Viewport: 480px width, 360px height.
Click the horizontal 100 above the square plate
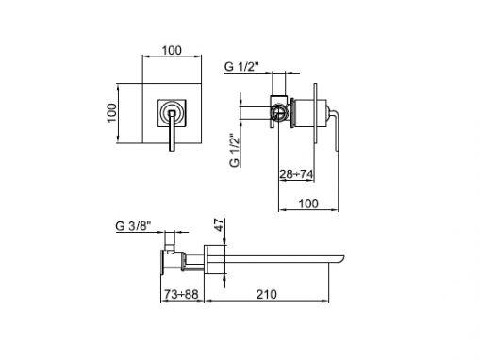(x=172, y=50)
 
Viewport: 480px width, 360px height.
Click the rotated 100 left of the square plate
(x=111, y=113)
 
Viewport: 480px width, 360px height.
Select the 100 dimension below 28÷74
(x=308, y=204)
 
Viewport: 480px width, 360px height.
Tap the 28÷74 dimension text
(x=296, y=173)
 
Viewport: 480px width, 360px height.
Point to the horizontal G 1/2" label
(x=241, y=67)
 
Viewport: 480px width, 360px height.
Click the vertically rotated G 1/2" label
(x=235, y=151)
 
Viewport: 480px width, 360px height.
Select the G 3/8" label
(x=133, y=226)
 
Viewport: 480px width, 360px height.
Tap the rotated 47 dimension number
(x=220, y=225)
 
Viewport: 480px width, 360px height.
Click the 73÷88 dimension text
(x=181, y=294)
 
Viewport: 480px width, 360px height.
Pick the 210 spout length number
(x=267, y=294)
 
